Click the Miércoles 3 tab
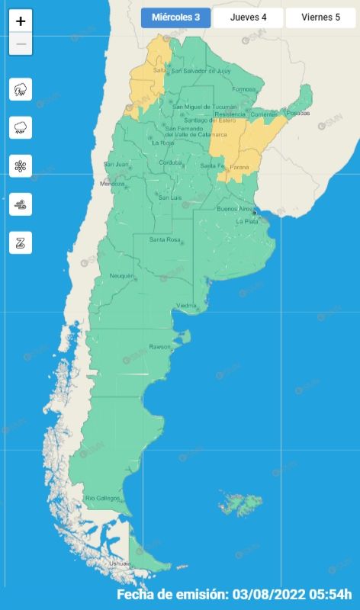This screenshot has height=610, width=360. point(175,18)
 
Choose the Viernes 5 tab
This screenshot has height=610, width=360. point(320,18)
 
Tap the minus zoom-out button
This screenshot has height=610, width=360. point(21,44)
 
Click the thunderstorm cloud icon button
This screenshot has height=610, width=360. point(21,89)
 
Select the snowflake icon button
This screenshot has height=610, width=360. point(21,166)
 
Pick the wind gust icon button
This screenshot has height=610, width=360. point(21,204)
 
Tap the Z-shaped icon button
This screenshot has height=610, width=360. point(21,243)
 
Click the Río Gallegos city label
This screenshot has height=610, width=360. point(102,498)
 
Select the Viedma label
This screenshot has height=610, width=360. point(187,306)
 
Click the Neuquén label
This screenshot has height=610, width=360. point(122,275)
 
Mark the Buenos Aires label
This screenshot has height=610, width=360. point(235,209)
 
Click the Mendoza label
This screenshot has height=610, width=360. point(112,184)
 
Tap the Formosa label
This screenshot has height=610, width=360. point(244,89)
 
